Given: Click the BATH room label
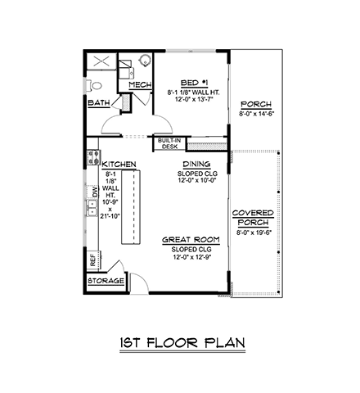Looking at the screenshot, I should (99, 103).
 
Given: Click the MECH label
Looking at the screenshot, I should (140, 85).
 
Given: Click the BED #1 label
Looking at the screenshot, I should (189, 83).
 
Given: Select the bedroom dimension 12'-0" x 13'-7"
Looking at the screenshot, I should (189, 100).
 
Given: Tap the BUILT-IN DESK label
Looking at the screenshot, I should (169, 143).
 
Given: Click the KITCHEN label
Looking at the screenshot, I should (113, 163).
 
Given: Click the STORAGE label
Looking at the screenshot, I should (106, 281).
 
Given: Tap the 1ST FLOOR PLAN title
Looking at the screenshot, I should (180, 342).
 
